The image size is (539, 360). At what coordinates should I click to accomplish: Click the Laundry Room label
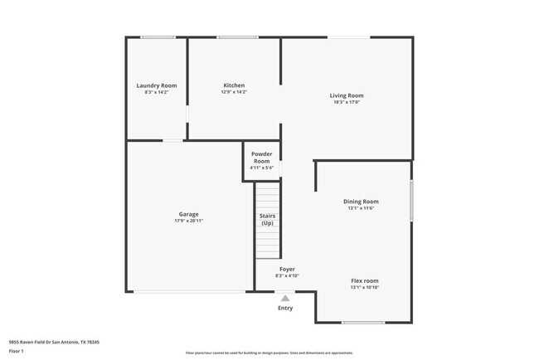(157, 85)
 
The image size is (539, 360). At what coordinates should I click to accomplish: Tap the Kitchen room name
(234, 85)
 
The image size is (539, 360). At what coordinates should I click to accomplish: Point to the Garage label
(188, 214)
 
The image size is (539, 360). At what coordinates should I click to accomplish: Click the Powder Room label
(262, 158)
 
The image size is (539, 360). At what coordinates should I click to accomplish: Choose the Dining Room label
(361, 202)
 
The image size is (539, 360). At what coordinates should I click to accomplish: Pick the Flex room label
(364, 280)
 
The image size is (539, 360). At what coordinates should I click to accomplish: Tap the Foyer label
(287, 269)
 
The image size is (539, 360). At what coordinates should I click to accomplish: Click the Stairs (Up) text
(267, 219)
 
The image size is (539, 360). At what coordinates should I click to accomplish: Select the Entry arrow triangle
(285, 298)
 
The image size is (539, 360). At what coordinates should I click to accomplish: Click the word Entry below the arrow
(285, 308)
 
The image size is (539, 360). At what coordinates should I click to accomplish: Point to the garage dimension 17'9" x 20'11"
(188, 221)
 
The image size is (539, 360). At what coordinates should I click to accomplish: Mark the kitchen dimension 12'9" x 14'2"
(234, 92)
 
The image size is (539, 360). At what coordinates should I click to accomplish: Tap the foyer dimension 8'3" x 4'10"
(287, 275)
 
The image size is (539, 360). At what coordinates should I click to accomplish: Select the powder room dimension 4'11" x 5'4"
(262, 168)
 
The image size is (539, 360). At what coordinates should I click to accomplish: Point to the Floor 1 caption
(17, 351)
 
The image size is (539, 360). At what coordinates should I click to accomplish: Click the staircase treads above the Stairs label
(267, 197)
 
